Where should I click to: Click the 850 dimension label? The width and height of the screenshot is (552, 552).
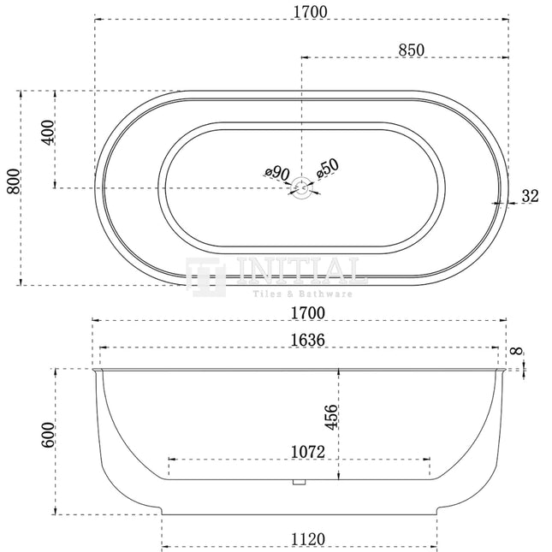pyautogui.click(x=411, y=50)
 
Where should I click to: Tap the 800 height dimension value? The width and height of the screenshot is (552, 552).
pyautogui.click(x=14, y=181)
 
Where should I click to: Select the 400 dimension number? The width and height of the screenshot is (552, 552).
pyautogui.click(x=48, y=132)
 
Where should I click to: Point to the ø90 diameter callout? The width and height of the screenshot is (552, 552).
pyautogui.click(x=277, y=173)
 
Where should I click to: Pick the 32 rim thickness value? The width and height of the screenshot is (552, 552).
pyautogui.click(x=530, y=196)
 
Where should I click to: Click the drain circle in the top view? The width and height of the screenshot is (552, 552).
pyautogui.click(x=301, y=187)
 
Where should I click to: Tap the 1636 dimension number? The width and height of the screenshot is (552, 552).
pyautogui.click(x=308, y=340)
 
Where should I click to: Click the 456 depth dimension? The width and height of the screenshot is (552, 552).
pyautogui.click(x=331, y=418)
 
